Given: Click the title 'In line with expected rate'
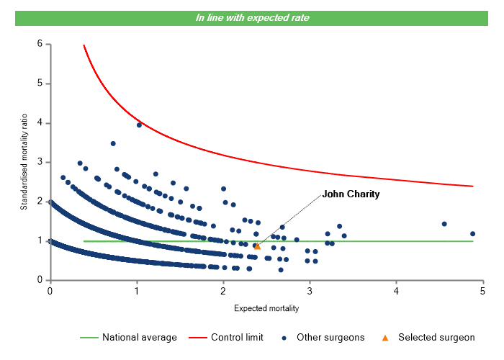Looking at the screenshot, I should coord(252,17).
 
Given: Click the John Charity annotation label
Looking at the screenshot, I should coord(351,194).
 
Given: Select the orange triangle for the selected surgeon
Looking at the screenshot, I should coord(258,246).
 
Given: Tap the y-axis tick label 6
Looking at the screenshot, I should coord(40,44).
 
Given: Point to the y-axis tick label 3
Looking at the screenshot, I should coord(40,162).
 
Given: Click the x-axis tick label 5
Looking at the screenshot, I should coord(482,292).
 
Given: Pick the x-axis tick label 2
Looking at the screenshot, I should coord(223,292).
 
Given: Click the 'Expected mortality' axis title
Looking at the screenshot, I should coord(266,309).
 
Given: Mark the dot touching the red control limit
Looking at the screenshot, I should coord(139,125).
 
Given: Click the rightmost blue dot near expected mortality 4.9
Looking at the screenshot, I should coord(473,234).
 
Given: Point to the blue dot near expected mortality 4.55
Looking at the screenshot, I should coord(444,224).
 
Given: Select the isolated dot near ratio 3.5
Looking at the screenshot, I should coord(113,143).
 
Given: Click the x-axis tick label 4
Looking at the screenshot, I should coord(396,292).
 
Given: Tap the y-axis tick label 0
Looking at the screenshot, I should coord(40,280).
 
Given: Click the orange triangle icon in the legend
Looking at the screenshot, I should coord(385,337).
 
